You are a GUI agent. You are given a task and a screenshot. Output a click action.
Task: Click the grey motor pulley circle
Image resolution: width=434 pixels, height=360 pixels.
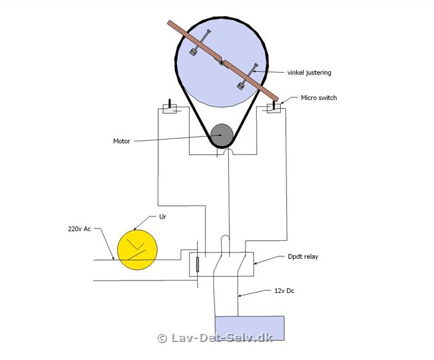(221, 135)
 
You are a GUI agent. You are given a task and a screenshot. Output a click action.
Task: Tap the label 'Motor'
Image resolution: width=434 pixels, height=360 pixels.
(122, 141)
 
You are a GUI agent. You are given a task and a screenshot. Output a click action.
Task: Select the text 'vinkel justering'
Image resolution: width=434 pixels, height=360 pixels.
(309, 73)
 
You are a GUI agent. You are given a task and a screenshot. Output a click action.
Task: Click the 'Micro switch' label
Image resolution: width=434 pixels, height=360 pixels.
(319, 97)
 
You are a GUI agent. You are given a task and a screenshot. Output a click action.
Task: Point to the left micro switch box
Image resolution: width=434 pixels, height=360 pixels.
(169, 109)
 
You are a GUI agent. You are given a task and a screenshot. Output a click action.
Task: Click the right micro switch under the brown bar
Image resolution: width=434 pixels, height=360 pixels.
(274, 108)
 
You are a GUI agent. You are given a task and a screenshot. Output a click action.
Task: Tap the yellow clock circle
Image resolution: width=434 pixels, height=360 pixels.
(137, 250)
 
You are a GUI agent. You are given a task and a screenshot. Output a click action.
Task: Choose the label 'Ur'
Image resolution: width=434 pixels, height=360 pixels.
(162, 217)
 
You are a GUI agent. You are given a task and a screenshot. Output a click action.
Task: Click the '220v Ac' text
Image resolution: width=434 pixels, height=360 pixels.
(79, 229)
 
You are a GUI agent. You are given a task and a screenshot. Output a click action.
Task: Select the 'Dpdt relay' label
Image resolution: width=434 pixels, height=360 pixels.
(303, 256)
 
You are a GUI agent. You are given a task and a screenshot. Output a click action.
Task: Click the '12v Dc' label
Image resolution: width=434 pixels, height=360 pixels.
(284, 290)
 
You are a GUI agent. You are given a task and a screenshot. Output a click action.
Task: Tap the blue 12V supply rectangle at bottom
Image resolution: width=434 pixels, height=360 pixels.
(250, 328)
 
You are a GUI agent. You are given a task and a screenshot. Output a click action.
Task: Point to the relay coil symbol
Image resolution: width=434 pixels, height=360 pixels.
(197, 264)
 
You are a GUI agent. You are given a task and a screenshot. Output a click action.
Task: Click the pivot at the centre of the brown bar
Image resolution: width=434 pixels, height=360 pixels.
(221, 63)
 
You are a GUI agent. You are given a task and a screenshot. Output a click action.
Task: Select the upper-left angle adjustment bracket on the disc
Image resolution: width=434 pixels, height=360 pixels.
(200, 42)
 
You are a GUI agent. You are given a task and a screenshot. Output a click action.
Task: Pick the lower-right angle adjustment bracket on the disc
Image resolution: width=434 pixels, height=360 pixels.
(247, 76)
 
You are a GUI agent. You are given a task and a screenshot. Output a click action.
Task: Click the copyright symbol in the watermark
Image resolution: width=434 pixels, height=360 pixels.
(162, 338)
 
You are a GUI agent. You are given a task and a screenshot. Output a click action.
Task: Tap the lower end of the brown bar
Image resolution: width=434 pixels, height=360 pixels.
(276, 99)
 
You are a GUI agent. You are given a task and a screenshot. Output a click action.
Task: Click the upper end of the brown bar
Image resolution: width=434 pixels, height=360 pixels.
(170, 23)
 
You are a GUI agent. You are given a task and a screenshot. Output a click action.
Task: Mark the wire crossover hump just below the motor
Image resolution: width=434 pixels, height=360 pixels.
(228, 150)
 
